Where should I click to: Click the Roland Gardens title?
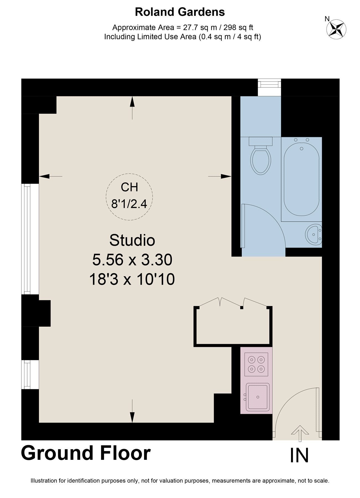[180, 12]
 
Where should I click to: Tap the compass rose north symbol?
[336, 28]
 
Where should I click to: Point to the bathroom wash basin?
[314, 234]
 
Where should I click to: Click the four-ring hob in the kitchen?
[256, 364]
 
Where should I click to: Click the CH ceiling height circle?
[129, 197]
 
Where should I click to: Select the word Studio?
[132, 240]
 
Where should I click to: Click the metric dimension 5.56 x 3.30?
[132, 260]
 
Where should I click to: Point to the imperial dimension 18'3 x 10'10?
[132, 279]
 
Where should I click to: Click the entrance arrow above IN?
[300, 434]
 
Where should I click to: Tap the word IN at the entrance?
[299, 455]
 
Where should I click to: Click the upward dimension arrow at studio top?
[132, 108]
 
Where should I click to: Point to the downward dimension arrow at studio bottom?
[132, 411]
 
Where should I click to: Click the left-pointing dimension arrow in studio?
[51, 176]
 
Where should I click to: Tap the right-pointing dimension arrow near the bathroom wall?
[220, 176]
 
